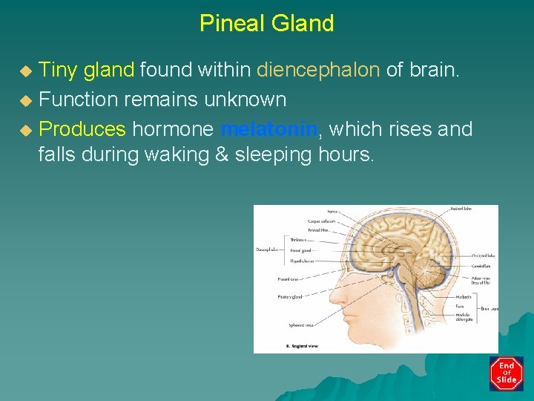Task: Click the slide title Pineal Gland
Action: click(x=266, y=23)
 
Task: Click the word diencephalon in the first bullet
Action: click(x=318, y=70)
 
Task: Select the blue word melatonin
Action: click(x=269, y=129)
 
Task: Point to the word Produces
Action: click(x=82, y=129)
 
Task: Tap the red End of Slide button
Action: click(x=506, y=373)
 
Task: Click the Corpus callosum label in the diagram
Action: click(x=322, y=221)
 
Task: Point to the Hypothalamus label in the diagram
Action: click(x=302, y=261)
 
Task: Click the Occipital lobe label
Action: click(x=485, y=256)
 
